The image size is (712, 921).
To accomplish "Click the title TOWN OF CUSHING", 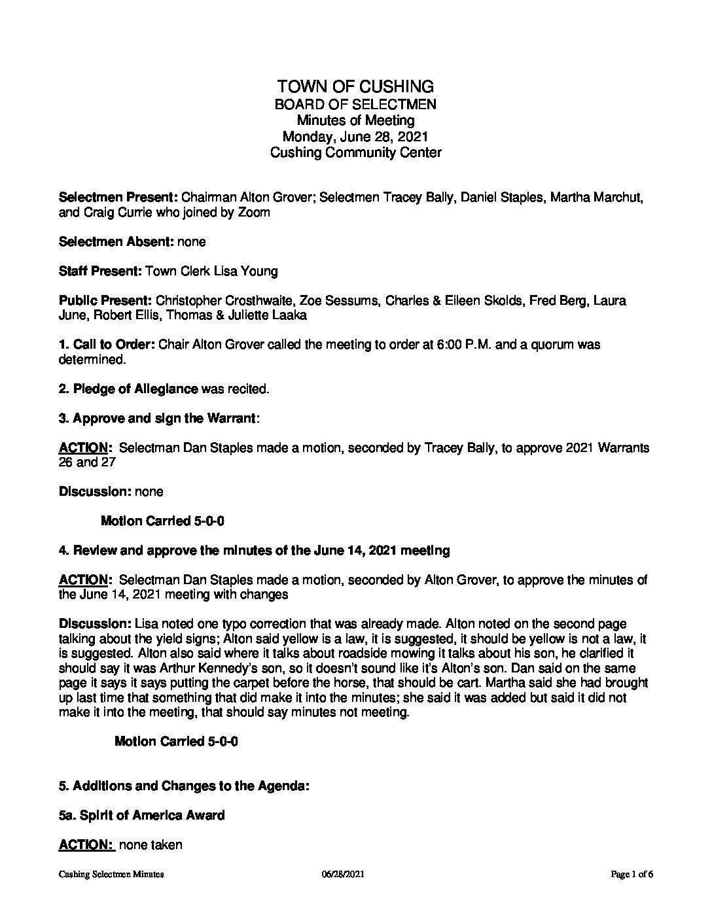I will pos(355,86).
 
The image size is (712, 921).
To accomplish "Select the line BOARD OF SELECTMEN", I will pos(355,104).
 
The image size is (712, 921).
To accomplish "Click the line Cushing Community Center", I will pos(355,153).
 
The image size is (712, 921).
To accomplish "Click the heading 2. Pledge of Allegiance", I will pos(128,389).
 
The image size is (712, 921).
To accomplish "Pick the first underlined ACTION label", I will pos(84,448).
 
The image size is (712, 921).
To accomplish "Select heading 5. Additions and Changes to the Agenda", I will pos(184,786).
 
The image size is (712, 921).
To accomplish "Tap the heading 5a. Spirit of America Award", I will pos(142,815).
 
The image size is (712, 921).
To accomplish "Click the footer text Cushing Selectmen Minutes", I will pos(111,874).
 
